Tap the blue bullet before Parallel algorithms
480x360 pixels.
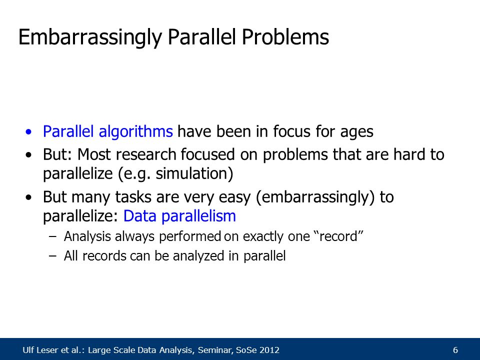pyautogui.click(x=29, y=132)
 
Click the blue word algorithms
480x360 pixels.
pyautogui.click(x=135, y=131)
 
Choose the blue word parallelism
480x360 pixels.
pyautogui.click(x=198, y=216)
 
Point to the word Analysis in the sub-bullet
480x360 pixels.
pyautogui.click(x=87, y=236)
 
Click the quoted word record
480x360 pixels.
pyautogui.click(x=339, y=236)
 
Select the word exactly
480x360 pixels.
pyautogui.click(x=263, y=237)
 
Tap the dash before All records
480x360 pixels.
pyautogui.click(x=52, y=256)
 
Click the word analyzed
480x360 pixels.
pyautogui.click(x=198, y=256)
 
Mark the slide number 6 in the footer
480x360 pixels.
pyautogui.click(x=455, y=350)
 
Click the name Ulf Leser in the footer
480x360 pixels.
pyautogui.click(x=40, y=350)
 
